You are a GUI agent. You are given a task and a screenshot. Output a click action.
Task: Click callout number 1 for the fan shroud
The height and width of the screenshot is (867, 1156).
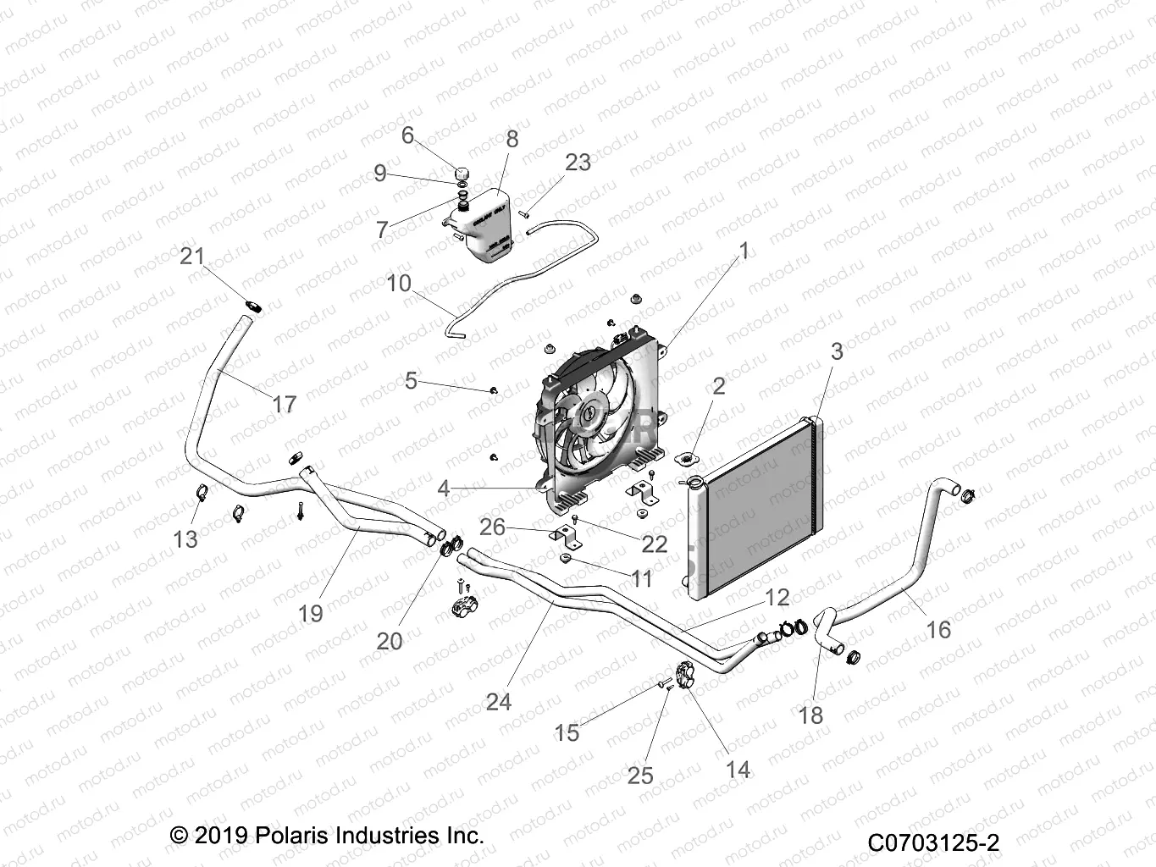point(744,251)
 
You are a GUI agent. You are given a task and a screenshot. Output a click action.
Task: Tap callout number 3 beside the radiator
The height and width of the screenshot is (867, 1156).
point(837,351)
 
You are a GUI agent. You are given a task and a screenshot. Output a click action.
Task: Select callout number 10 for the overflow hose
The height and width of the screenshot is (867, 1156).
point(398,283)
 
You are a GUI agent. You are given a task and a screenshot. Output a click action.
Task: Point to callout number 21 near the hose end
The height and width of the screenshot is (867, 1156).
point(192,256)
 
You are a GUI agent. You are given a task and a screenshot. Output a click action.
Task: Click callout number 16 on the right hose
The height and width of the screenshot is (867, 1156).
point(938,629)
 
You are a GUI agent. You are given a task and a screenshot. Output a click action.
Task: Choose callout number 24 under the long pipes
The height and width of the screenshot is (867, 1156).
point(499,701)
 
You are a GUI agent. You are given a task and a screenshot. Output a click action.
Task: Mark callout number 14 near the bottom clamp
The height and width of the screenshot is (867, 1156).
point(738,769)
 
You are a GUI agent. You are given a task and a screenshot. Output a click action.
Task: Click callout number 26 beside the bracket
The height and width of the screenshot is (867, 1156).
point(492,527)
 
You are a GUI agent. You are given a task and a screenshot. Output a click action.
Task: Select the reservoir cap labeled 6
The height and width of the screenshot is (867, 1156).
point(462,174)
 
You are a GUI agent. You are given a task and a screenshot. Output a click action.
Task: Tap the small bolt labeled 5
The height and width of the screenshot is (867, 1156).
point(494,390)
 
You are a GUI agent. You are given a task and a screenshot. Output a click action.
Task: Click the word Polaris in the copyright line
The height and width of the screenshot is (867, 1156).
point(296,836)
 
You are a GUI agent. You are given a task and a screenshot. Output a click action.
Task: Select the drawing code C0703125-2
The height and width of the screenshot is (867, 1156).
point(933,843)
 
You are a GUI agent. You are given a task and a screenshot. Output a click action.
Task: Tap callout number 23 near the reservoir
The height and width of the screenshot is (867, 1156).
point(578,162)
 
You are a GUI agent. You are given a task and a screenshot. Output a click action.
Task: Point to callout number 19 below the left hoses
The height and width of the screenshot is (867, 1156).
point(311,612)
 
